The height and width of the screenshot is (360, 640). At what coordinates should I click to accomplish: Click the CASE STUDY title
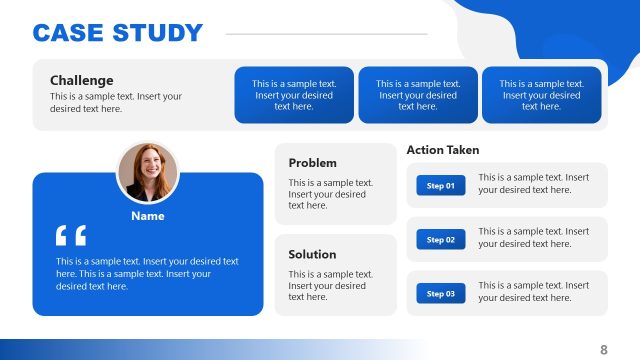pyautogui.click(x=118, y=33)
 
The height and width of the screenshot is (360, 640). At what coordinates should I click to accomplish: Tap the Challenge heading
pyautogui.click(x=82, y=80)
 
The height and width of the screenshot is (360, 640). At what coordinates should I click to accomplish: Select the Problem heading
pyautogui.click(x=312, y=163)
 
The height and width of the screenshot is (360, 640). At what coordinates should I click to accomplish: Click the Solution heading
pyautogui.click(x=312, y=254)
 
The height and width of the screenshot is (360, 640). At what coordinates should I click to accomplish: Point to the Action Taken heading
pyautogui.click(x=443, y=150)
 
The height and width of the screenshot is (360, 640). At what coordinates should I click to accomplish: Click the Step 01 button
pyautogui.click(x=441, y=186)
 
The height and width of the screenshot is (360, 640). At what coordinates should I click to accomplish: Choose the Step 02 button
pyautogui.click(x=441, y=240)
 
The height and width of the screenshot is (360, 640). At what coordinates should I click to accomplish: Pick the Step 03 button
pyautogui.click(x=441, y=294)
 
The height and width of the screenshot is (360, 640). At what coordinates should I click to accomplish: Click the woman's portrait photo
pyautogui.click(x=148, y=173)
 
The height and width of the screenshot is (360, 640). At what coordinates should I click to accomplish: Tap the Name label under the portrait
pyautogui.click(x=148, y=216)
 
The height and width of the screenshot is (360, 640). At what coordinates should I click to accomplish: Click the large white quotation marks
pyautogui.click(x=71, y=237)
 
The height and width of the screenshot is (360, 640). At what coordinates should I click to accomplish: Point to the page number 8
pyautogui.click(x=604, y=349)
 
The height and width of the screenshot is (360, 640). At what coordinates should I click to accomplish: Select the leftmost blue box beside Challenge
pyautogui.click(x=294, y=95)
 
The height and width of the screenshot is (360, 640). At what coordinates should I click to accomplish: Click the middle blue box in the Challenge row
pyautogui.click(x=418, y=95)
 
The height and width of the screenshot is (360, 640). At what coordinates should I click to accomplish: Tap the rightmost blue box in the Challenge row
pyautogui.click(x=541, y=95)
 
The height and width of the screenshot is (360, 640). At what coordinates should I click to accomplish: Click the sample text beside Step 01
pyautogui.click(x=534, y=183)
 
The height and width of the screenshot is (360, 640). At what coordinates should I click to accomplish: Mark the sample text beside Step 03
pyautogui.click(x=534, y=291)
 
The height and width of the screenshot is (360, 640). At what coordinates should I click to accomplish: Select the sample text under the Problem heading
pyautogui.click(x=330, y=194)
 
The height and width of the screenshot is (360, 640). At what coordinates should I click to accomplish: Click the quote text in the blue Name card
pyautogui.click(x=147, y=273)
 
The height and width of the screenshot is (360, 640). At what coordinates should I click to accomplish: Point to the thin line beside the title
pyautogui.click(x=327, y=34)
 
